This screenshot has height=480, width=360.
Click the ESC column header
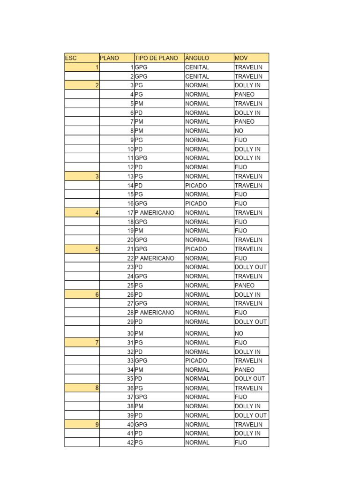pos(82,58)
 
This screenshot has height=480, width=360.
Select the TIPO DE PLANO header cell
pos(159,58)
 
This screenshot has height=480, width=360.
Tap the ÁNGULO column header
pos(209,58)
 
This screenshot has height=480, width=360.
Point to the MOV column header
pos(251,58)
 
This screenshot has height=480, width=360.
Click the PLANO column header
pos(117,58)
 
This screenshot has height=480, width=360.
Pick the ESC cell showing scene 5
pos(82,249)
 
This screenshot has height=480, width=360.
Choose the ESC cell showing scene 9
pos(82,424)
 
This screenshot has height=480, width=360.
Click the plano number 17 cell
pos(117,213)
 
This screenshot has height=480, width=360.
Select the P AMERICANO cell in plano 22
pos(159,258)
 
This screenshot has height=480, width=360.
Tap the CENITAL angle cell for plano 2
pos(209,76)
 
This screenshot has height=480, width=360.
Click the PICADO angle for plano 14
pos(209,186)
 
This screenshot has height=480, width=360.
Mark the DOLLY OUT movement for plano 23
pos(251,267)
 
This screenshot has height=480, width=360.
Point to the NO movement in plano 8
pos(251,131)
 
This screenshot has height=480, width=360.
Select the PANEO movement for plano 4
pos(251,94)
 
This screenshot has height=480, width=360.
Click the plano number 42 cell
pos(117,442)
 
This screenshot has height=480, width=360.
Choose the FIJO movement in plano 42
pos(251,442)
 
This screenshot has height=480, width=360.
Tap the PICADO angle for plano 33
pos(209,360)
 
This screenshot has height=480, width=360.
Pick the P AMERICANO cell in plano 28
pos(159,313)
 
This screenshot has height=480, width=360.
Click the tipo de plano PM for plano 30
pos(159,333)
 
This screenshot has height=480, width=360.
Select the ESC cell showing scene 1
pos(82,67)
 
